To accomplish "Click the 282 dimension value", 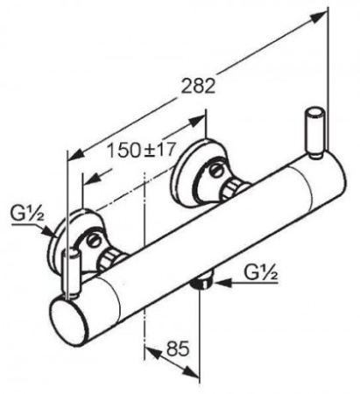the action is [x=198, y=87].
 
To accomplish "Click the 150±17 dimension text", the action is [x=141, y=150].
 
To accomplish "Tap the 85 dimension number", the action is [x=178, y=348].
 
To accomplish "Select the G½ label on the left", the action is [x=27, y=214].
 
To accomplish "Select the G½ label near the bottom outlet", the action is [x=260, y=272].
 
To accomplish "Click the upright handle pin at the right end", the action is [x=314, y=133].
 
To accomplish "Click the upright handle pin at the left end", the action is [x=71, y=273].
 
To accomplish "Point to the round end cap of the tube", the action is [x=68, y=320].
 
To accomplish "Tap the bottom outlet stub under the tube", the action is [x=202, y=280].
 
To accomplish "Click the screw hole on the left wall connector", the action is [x=94, y=241].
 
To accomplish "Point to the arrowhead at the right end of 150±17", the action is [x=197, y=121].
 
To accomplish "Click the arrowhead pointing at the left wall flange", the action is [x=48, y=232].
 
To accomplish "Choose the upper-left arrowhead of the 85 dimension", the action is [x=154, y=352].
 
